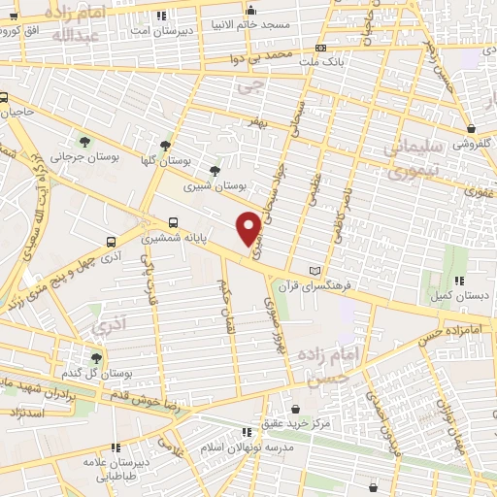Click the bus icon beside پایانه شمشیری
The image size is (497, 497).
point(174,221)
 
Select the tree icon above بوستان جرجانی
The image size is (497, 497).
point(83,142)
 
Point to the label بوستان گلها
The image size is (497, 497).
point(190,160)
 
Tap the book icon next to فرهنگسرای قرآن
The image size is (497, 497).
point(312,271)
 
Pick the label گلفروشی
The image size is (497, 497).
point(474,142)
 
